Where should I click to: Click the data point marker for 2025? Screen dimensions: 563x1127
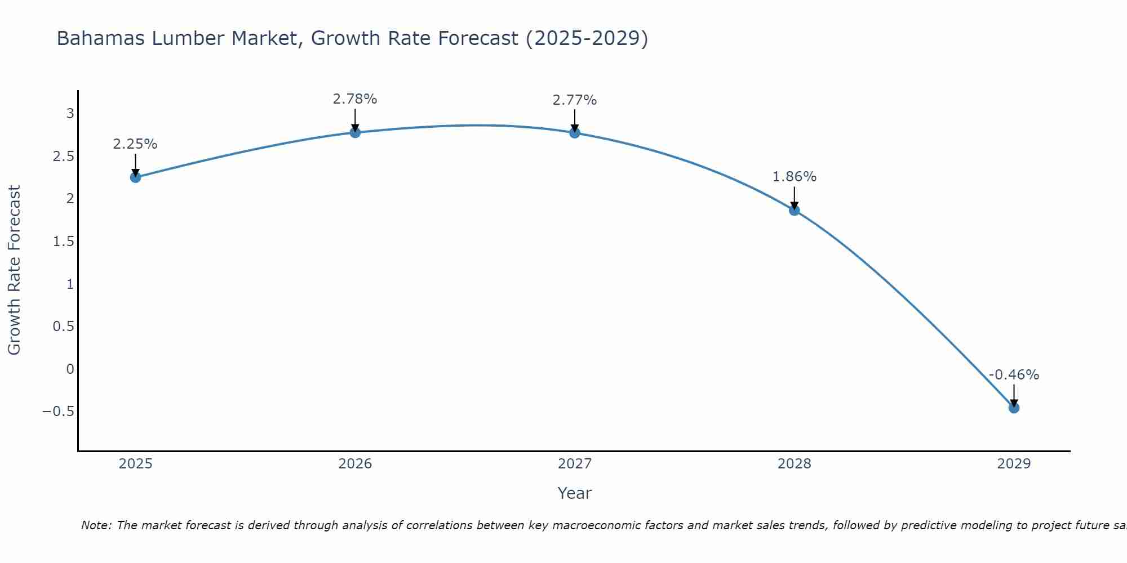tap(135, 177)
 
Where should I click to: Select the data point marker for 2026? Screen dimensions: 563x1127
tap(355, 132)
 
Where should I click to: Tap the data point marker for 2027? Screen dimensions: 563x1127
tap(575, 133)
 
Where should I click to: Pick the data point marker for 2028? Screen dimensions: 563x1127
tap(794, 211)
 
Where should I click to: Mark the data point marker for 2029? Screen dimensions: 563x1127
tap(1014, 408)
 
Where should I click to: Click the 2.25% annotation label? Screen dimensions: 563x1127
tap(135, 144)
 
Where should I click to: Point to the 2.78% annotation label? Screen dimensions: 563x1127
tap(355, 99)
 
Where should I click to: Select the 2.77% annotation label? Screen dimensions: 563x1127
tap(575, 100)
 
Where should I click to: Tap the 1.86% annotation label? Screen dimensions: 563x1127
tap(794, 177)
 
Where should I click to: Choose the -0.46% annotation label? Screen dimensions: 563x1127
tap(1014, 375)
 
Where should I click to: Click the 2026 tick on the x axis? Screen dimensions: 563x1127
tap(355, 464)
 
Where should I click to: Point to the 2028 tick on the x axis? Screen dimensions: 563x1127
tap(794, 464)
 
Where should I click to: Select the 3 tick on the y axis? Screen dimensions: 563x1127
tap(70, 114)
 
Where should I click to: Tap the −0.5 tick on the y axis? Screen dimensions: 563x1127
tap(58, 412)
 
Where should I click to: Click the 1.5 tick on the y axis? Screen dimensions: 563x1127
tap(63, 242)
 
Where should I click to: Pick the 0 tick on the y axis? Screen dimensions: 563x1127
tap(70, 369)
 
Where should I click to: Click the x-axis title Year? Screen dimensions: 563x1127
tap(574, 493)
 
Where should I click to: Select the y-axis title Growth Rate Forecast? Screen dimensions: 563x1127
tap(15, 270)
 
